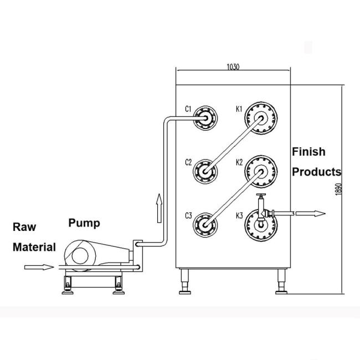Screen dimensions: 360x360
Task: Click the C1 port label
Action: click(x=188, y=110)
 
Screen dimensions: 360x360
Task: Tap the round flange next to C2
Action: click(x=205, y=172)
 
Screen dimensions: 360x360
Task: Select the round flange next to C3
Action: click(x=205, y=225)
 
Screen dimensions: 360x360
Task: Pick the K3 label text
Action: click(x=239, y=215)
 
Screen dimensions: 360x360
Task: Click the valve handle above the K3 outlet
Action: click(x=260, y=197)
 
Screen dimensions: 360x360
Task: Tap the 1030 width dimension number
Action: click(x=233, y=66)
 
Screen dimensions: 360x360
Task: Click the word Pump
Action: click(x=84, y=223)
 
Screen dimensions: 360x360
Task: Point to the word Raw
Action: click(x=24, y=227)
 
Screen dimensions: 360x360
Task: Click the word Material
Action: click(x=34, y=247)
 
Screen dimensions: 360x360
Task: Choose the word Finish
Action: click(x=308, y=152)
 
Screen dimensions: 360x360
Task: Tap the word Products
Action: click(x=316, y=172)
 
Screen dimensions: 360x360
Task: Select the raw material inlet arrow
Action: click(x=39, y=268)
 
